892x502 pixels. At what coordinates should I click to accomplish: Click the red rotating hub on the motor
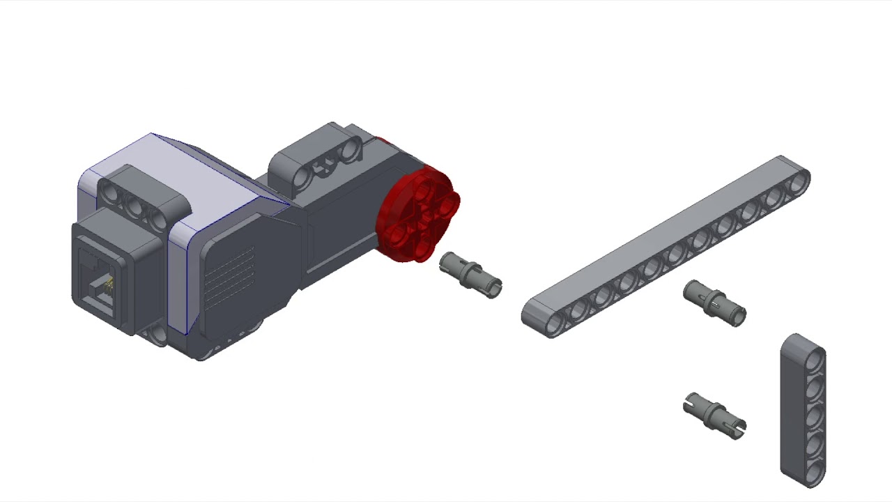417,215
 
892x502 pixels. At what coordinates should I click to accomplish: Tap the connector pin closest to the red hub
470,275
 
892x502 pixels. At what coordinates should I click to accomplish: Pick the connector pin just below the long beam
714,303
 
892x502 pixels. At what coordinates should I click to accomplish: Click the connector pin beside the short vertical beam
714,416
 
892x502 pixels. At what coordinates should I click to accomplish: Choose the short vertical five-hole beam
803,409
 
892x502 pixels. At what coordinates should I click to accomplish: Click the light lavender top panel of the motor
202,174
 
